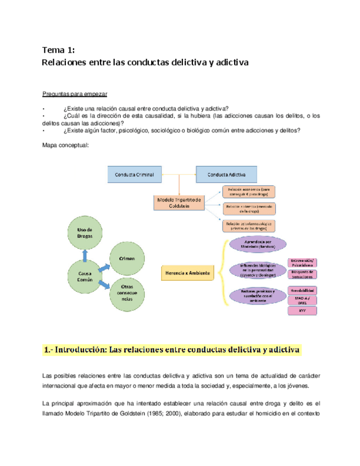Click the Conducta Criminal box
coord(134,175)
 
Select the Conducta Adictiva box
coord(226,175)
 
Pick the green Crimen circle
coord(127,258)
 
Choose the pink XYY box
coord(302,310)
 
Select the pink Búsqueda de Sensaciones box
coord(302,274)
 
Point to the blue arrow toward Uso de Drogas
coord(85,255)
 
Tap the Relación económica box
coord(248,192)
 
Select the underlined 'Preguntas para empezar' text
coord(75,93)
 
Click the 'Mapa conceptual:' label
coord(65,145)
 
